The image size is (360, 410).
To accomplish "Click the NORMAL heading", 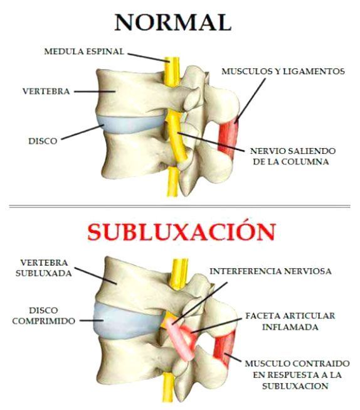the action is (173, 22).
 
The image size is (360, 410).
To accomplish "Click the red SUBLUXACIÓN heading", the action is (181, 232).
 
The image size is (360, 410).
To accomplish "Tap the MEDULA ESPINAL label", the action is (84, 51).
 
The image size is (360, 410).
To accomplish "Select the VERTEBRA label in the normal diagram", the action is (46, 91).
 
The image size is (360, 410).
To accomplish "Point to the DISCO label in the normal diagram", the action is (43, 141).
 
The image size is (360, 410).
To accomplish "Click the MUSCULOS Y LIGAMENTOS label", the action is (283, 72).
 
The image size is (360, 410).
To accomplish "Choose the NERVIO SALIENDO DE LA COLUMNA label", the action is (293, 156).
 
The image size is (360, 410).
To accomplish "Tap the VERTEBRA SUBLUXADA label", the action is (44, 267).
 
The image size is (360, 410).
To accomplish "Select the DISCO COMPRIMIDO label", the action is (44, 316).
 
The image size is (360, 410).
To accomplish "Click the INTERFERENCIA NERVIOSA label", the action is (271, 271).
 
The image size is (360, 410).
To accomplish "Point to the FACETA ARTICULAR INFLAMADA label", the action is (290, 321).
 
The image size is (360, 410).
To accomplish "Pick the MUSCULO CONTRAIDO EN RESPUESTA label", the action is (297, 369).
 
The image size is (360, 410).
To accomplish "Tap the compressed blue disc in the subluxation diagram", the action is (125, 320).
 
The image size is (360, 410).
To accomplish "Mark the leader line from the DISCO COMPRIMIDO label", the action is (92, 320).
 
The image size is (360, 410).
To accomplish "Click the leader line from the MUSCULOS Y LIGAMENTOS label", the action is (250, 100).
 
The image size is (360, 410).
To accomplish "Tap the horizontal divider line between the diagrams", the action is (180, 207).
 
